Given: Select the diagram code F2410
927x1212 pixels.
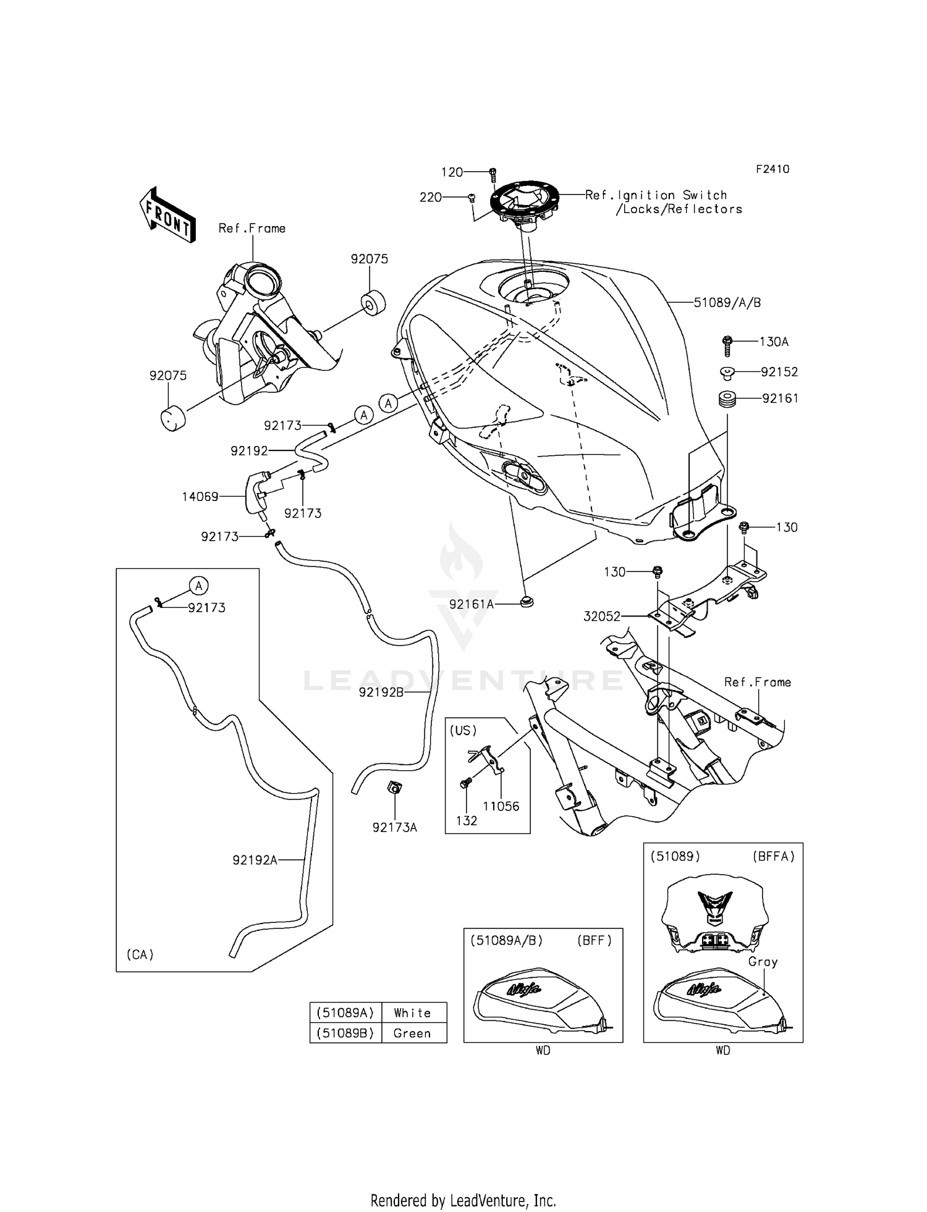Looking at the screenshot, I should click(x=772, y=169).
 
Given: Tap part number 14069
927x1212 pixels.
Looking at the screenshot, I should click(x=200, y=497).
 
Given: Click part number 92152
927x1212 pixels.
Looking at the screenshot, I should click(x=779, y=372).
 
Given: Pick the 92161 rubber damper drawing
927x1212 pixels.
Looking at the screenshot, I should click(x=727, y=399).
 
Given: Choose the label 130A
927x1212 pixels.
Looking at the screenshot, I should click(x=774, y=342).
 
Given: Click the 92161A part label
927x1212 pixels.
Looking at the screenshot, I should click(x=472, y=604).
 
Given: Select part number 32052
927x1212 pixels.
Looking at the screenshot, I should click(x=602, y=616).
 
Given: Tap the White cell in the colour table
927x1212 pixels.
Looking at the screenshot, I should click(x=412, y=1012).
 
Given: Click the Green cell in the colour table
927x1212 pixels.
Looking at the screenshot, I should click(x=412, y=1033).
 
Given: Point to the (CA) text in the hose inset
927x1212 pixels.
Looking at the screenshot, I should click(x=140, y=954).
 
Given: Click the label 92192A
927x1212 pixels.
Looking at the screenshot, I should click(x=255, y=859).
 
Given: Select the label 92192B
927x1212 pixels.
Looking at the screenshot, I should click(x=381, y=692).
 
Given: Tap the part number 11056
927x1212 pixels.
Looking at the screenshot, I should click(x=501, y=806).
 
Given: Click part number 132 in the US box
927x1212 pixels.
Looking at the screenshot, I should click(x=467, y=820).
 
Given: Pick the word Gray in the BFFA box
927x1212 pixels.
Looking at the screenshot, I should click(x=763, y=962).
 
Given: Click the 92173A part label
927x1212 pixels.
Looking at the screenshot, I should click(x=395, y=827).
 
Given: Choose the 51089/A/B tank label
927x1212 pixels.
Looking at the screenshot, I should click(x=727, y=303).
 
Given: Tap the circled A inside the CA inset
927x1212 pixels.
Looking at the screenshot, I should click(x=198, y=586).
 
